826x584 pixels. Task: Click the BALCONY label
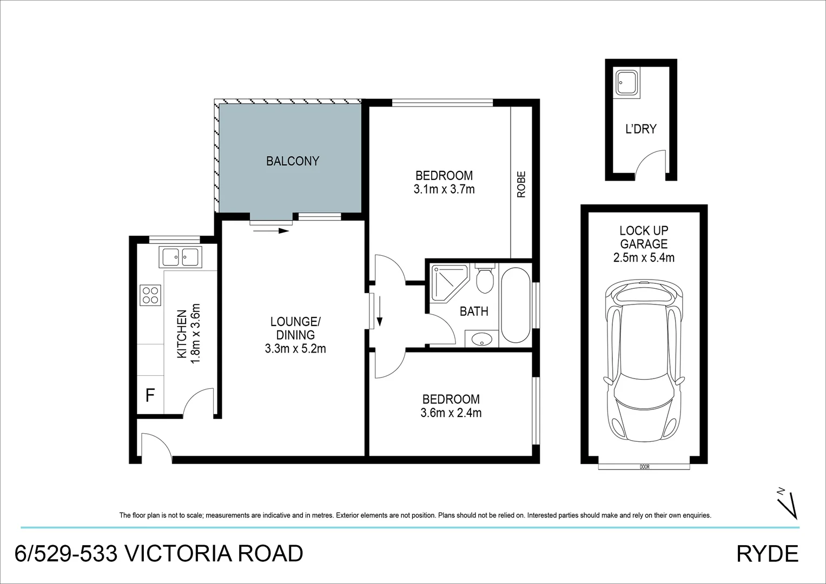click(x=293, y=161)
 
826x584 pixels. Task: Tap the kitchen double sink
click(x=180, y=257)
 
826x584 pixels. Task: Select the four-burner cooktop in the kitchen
click(x=150, y=295)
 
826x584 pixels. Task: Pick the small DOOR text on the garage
click(x=644, y=467)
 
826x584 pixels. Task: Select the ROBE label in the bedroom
click(x=521, y=184)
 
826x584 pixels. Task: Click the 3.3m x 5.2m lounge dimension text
click(x=295, y=349)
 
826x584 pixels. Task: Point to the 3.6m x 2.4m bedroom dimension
click(x=451, y=413)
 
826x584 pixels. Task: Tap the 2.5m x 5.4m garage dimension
click(x=644, y=258)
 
